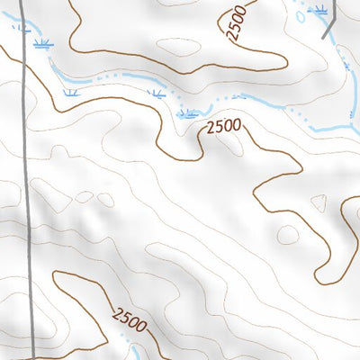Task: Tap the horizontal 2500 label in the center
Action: (223, 127)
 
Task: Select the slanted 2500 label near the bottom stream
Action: (129, 319)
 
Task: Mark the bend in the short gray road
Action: (324, 33)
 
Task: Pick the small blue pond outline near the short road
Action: (301, 14)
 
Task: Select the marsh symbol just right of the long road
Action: (40, 42)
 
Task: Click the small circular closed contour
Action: (287, 235)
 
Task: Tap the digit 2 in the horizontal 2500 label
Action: (210, 128)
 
